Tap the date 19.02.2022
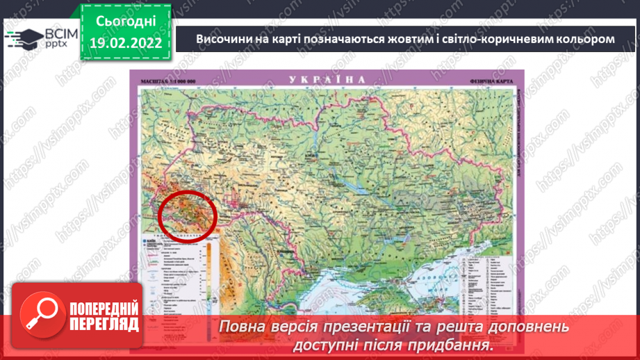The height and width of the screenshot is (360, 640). [125, 43]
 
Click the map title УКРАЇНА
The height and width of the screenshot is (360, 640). [327, 80]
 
